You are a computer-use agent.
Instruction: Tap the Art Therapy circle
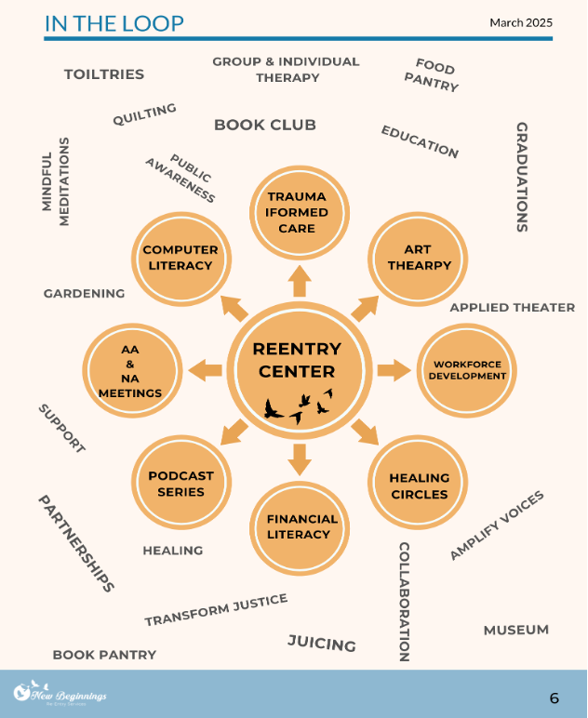(414, 258)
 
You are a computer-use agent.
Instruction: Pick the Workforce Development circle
(466, 370)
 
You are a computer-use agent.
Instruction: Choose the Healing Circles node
(419, 485)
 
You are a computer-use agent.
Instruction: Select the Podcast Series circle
(181, 484)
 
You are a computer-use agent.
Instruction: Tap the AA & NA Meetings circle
(129, 369)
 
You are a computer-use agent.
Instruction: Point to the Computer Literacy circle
(180, 258)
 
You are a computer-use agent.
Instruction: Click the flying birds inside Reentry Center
(299, 406)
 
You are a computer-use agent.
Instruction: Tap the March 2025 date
(521, 22)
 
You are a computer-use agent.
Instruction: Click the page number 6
(555, 698)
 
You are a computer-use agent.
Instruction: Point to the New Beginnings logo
(60, 694)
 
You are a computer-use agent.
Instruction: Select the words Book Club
(265, 125)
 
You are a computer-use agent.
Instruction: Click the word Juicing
(321, 643)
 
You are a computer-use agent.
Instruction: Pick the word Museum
(515, 630)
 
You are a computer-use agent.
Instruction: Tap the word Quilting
(144, 114)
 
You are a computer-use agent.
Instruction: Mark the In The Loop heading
(114, 23)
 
